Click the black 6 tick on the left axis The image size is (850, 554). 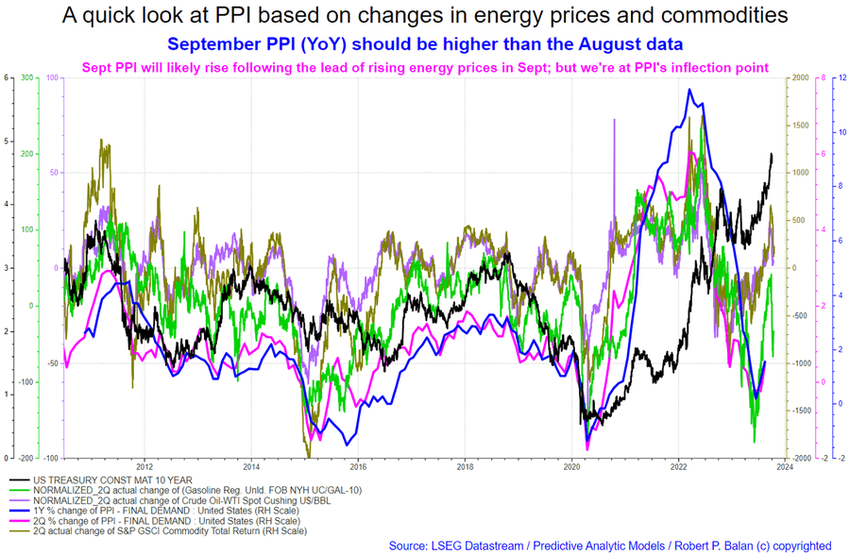point(7,77)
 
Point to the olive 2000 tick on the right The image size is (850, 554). point(799,77)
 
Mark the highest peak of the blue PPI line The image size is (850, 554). point(689,90)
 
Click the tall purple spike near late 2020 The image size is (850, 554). point(615,120)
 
